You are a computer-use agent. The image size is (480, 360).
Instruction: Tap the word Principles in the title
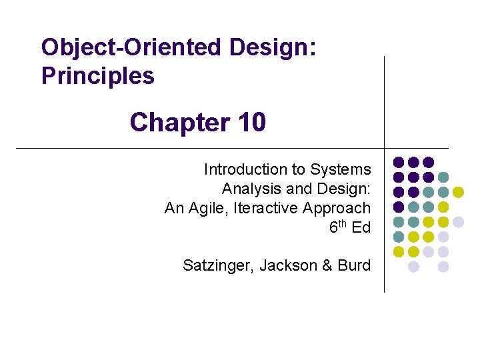(x=97, y=76)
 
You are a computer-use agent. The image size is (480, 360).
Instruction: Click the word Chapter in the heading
(x=173, y=123)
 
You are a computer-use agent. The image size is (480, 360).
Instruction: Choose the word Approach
(x=337, y=208)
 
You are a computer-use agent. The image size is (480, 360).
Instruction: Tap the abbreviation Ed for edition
(x=361, y=227)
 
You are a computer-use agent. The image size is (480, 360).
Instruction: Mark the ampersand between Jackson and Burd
(x=327, y=265)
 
